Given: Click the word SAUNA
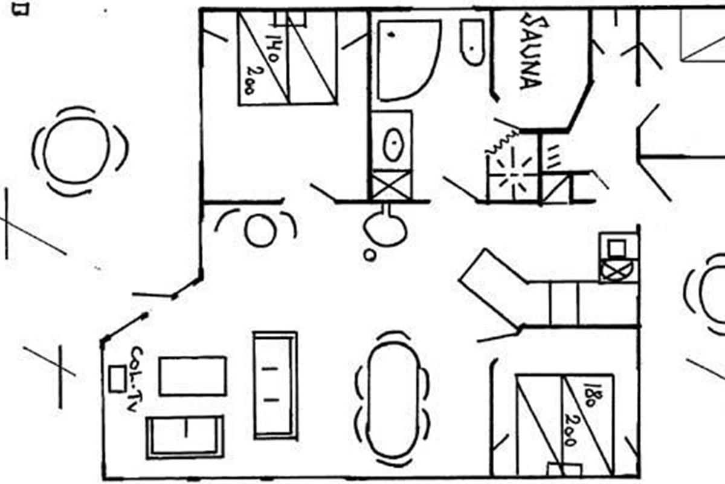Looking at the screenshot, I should pyautogui.click(x=531, y=53).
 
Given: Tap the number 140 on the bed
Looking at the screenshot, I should pyautogui.click(x=269, y=48).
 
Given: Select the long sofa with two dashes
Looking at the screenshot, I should pyautogui.click(x=275, y=385).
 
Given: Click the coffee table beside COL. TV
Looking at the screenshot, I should pyautogui.click(x=193, y=376).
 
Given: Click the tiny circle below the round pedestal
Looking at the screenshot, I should pyautogui.click(x=370, y=255).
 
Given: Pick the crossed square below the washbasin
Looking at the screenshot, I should pyautogui.click(x=391, y=184).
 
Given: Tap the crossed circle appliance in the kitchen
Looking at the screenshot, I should pyautogui.click(x=617, y=269).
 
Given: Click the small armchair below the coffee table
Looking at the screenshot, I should pyautogui.click(x=185, y=437).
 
